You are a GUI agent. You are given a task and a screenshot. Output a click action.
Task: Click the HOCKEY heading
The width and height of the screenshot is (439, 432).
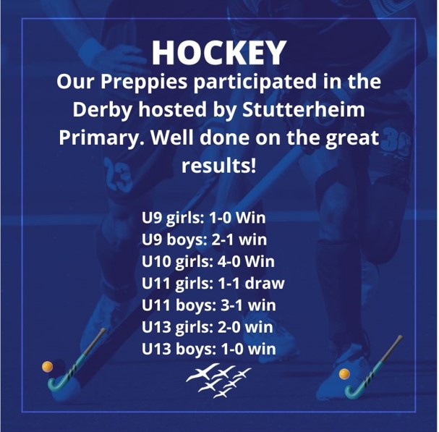[219, 53]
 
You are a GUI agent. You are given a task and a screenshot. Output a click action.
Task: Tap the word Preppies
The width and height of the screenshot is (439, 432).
[144, 82]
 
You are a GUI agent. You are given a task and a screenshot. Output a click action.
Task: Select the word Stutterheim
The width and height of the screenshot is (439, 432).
[304, 109]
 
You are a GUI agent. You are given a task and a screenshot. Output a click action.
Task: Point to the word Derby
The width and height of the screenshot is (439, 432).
[103, 111]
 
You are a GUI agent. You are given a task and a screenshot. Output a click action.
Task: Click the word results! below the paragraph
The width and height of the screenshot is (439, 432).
[219, 165]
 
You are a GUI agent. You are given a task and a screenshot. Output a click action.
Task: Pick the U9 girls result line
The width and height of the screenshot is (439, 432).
[203, 218]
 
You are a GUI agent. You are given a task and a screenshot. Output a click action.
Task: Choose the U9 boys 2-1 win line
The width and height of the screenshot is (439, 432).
[205, 240]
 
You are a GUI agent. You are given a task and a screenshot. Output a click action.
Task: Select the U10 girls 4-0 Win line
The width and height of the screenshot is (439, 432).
[208, 262]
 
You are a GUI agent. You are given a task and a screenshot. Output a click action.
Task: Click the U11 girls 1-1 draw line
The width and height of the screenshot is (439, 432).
[213, 283]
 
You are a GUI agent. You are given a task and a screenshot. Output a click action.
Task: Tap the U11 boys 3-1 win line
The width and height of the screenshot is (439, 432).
[209, 305]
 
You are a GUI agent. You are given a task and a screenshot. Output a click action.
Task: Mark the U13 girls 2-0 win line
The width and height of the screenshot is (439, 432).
[208, 327]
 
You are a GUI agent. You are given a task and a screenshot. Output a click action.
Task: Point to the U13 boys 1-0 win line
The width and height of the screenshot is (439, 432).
[209, 349]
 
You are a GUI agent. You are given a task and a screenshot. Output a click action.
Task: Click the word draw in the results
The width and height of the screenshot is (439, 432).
[265, 283]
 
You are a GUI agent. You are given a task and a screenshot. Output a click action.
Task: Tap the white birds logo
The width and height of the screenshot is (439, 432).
[218, 380]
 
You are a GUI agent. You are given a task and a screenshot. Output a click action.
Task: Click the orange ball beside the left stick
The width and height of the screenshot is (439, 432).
[47, 367]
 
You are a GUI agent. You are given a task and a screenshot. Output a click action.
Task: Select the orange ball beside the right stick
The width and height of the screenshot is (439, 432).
[344, 374]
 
